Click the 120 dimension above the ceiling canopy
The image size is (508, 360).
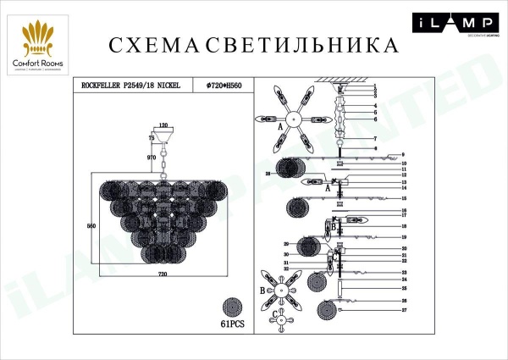click(163, 125)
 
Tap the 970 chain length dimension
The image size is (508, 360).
click(151, 158)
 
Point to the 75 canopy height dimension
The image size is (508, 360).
click(152, 137)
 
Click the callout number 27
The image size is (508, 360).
click(405, 311)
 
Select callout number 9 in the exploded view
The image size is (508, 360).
click(405, 154)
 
